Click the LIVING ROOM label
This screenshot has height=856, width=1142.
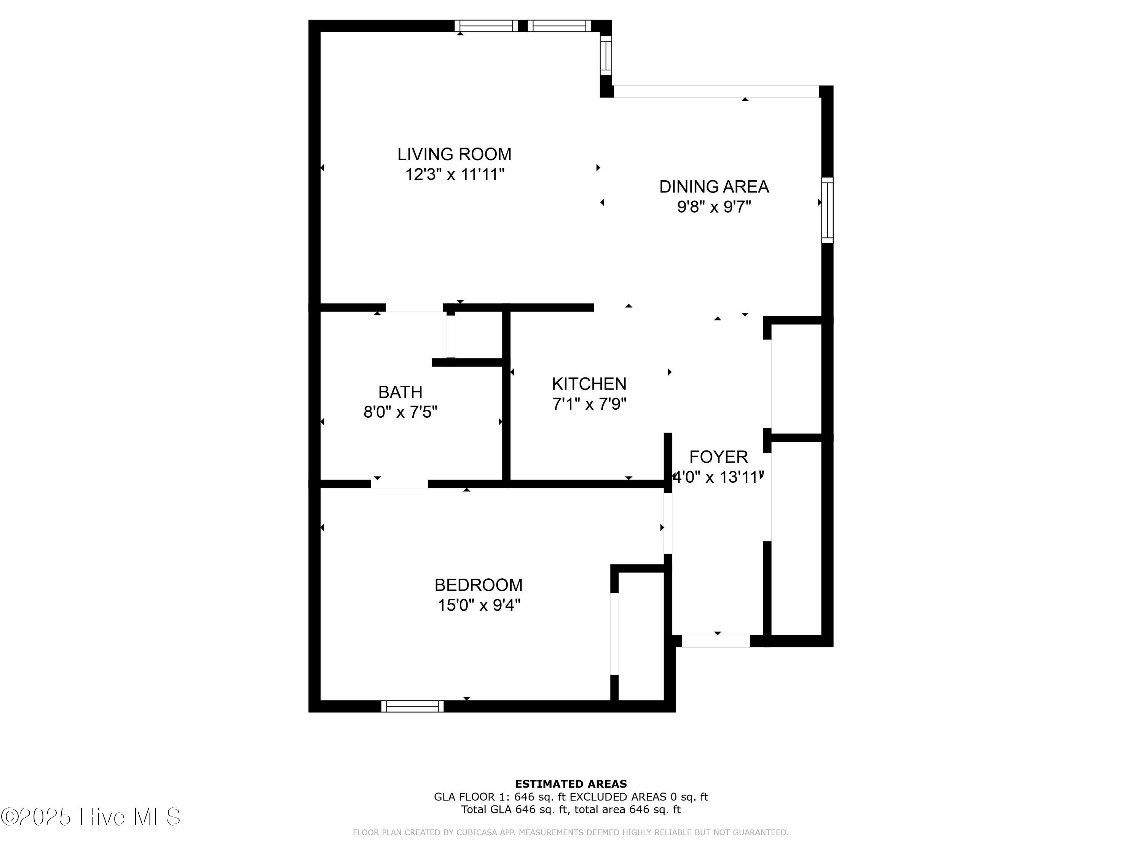coord(454,154)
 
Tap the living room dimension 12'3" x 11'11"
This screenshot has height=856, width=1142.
coord(454,174)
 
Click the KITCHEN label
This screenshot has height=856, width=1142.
coord(589,384)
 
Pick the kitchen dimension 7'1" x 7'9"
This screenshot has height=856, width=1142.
coord(589,404)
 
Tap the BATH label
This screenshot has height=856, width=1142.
coord(400,392)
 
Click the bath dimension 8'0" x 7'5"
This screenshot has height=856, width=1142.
coord(400,412)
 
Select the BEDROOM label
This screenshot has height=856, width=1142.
coord(478,585)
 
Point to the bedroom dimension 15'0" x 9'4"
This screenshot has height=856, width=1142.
coord(478,605)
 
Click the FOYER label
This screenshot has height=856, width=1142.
coord(718,457)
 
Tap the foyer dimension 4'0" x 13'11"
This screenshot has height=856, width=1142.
coord(718,477)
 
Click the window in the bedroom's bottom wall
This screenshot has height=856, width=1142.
coord(412,706)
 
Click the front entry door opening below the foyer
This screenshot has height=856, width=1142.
coord(716,641)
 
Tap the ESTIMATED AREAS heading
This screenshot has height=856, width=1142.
coord(571,784)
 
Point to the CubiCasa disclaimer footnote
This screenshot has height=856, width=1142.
coord(571,832)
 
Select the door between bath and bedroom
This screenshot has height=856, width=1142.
coord(399,484)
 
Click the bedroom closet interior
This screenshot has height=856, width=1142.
coord(641,636)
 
